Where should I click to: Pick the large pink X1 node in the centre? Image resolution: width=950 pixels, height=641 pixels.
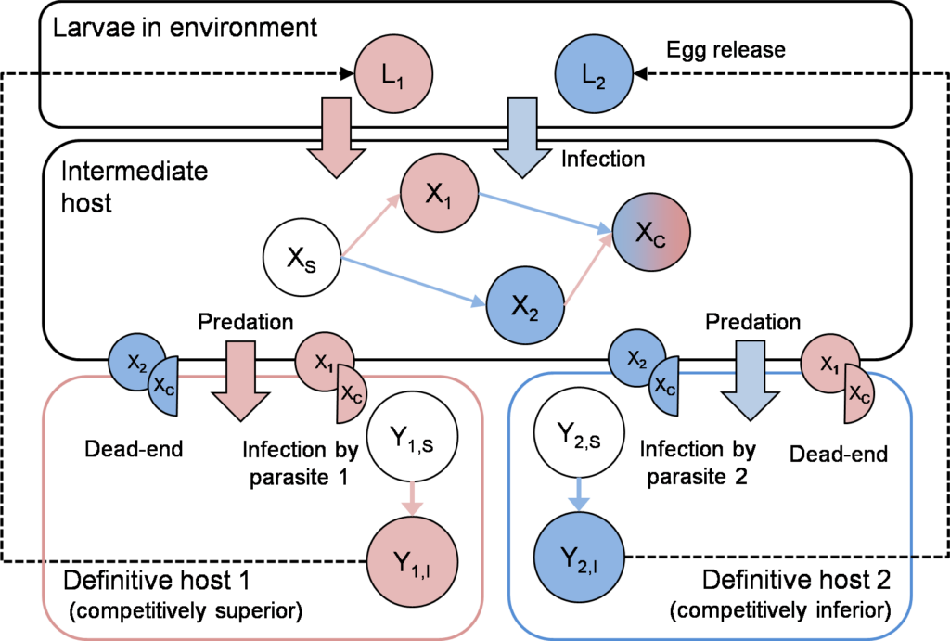click(x=438, y=192)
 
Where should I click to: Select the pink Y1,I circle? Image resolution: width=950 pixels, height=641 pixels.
click(x=406, y=561)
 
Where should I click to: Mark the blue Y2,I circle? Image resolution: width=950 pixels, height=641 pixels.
click(x=576, y=557)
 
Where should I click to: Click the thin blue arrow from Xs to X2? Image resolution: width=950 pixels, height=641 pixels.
click(x=413, y=282)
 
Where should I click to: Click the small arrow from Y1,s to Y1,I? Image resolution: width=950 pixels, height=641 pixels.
click(x=410, y=498)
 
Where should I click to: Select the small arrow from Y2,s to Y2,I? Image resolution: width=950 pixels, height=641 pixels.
click(x=576, y=494)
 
